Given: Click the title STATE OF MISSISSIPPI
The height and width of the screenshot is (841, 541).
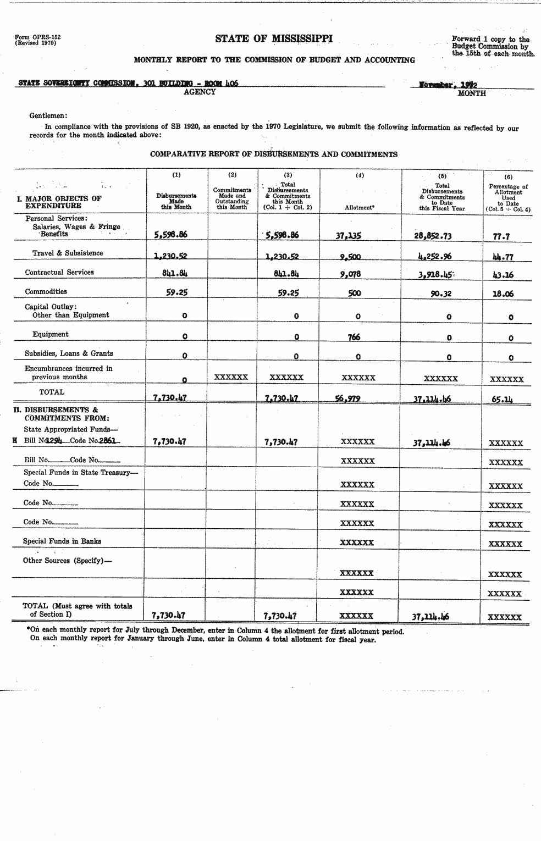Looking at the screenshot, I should (273, 38).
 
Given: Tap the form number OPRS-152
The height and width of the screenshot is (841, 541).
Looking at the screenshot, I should (38, 37).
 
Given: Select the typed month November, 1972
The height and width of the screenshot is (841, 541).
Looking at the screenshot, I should (448, 85).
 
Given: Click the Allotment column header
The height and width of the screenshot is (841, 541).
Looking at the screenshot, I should (359, 208).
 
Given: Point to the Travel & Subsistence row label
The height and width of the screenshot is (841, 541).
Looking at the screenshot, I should (68, 253).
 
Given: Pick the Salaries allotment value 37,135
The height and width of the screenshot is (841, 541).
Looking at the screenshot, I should (348, 235).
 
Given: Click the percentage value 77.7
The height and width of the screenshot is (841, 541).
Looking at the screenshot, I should (501, 236).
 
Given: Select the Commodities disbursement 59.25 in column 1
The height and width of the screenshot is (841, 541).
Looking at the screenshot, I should (176, 292).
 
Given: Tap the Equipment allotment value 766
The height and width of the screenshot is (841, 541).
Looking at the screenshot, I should (354, 337).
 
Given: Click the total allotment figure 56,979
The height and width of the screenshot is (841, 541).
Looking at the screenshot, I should (347, 399).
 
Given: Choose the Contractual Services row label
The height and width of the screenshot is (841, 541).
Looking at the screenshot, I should (59, 272).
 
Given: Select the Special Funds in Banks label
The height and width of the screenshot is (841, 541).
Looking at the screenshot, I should (62, 541).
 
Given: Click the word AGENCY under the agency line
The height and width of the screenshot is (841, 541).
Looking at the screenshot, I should (200, 92).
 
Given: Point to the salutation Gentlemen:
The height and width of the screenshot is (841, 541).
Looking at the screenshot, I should (48, 115).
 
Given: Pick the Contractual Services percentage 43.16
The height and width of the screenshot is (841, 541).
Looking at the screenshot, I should (503, 275).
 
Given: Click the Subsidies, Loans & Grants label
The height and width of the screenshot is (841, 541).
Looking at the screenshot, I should (69, 353).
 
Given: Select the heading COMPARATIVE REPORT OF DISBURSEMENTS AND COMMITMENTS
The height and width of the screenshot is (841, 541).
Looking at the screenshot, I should (274, 154).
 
